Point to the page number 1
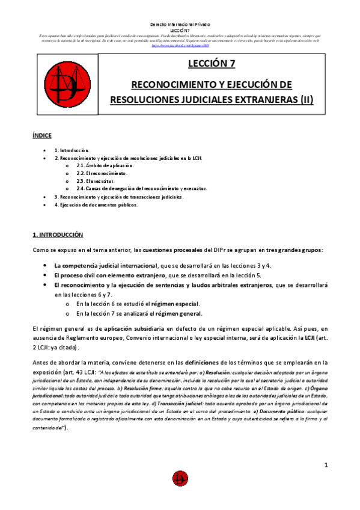click(325, 465)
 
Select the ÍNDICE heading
click(41, 136)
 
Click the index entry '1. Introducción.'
click(72, 150)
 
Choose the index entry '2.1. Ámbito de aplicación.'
click(105, 165)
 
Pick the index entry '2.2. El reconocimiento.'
click(102, 173)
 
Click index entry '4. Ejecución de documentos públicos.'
click(96, 204)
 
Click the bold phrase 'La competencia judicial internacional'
click(105, 265)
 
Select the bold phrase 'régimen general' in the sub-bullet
click(177, 313)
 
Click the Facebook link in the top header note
click(180, 45)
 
